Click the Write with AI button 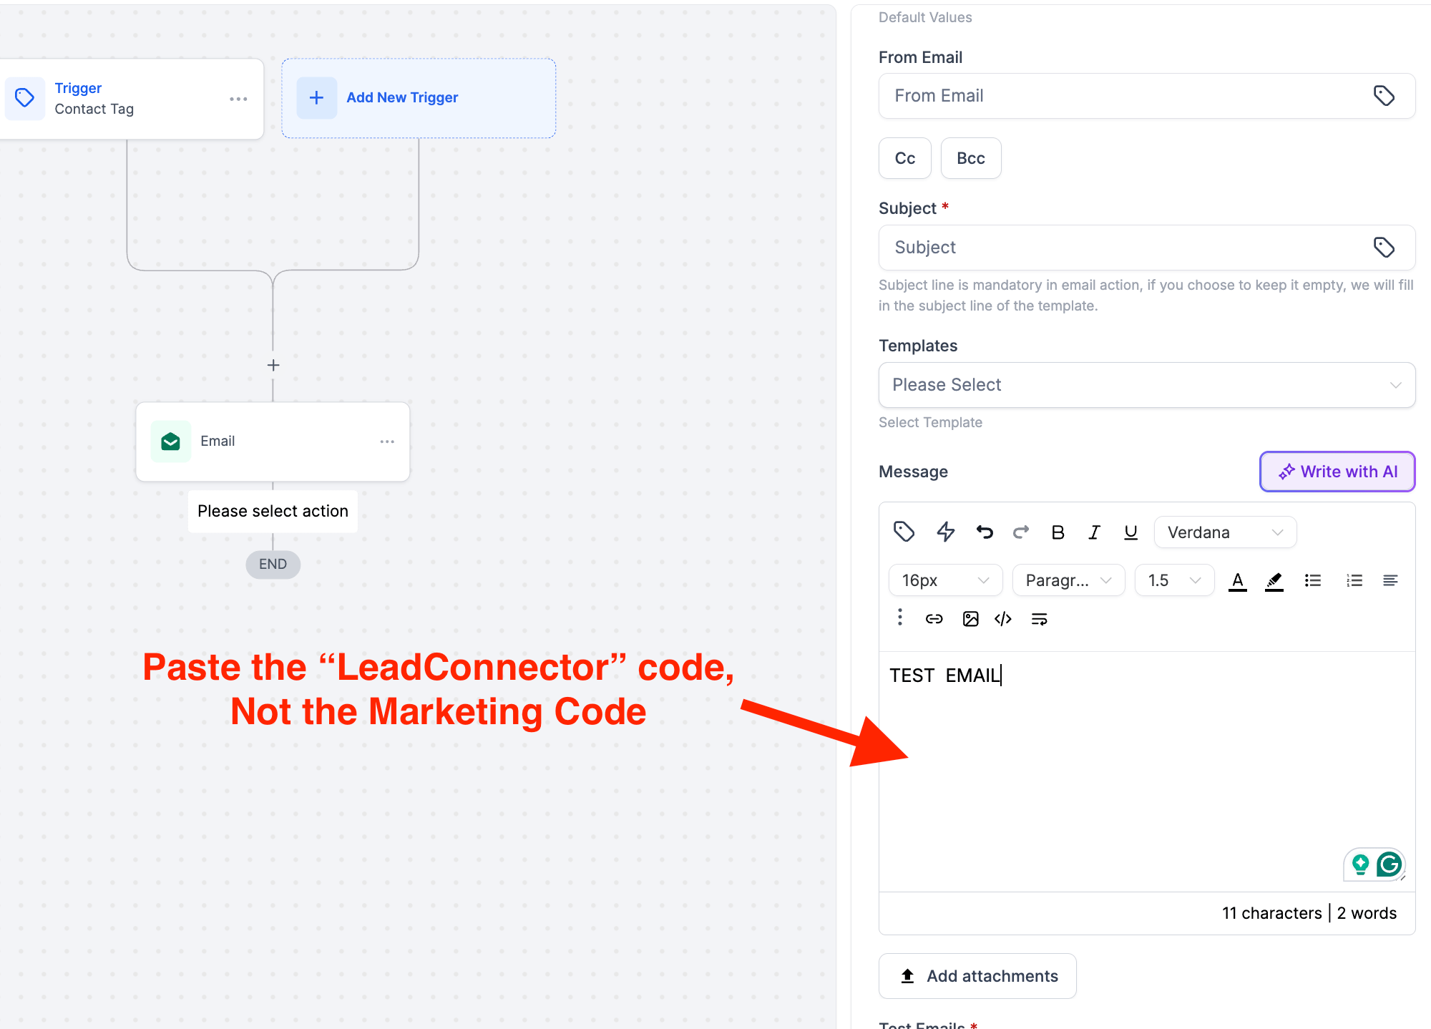click(x=1337, y=472)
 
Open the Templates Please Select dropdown click(x=1147, y=385)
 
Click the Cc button click(x=905, y=158)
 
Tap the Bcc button click(x=971, y=158)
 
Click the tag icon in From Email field click(x=1384, y=96)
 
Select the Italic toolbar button click(x=1094, y=532)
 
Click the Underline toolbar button click(x=1130, y=532)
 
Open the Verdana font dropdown click(x=1225, y=532)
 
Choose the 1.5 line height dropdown click(x=1174, y=580)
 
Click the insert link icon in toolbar click(x=934, y=619)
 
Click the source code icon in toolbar click(x=1003, y=619)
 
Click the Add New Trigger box click(x=419, y=98)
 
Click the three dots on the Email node click(x=387, y=442)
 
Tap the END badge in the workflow click(x=273, y=565)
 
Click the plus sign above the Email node click(x=273, y=365)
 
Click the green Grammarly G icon click(x=1389, y=864)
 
